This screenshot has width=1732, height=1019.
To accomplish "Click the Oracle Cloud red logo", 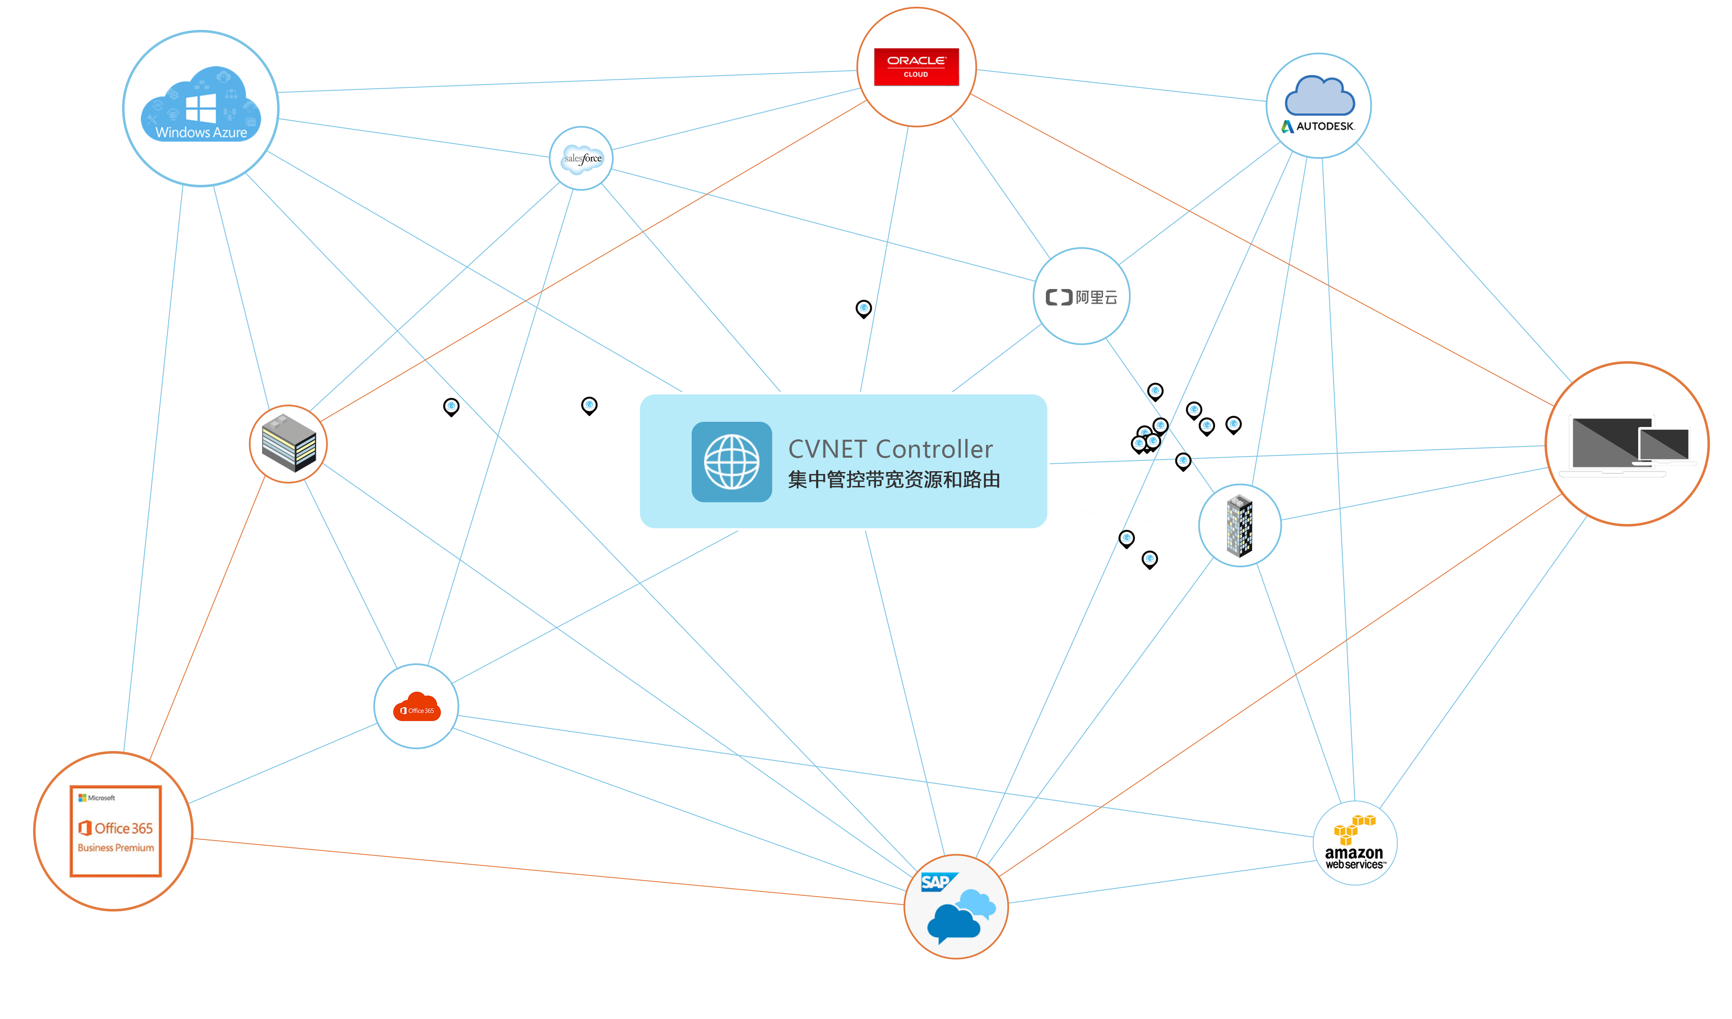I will point(916,67).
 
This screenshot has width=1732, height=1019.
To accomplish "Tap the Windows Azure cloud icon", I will point(201,104).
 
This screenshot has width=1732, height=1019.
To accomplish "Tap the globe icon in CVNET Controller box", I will point(731,462).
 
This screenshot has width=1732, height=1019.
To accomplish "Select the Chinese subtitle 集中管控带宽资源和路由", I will point(894,480).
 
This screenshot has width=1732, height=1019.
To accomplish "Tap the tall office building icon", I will point(1240,526).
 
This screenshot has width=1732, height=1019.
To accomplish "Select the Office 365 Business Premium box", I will point(115,831).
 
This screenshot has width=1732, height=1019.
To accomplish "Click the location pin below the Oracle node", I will point(863,309).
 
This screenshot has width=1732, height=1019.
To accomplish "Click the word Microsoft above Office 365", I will point(101,798).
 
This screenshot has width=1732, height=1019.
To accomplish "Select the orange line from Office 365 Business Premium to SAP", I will point(550,871).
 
